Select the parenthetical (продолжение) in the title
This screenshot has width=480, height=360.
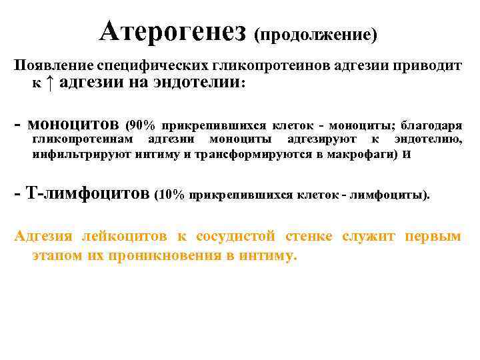pyautogui.click(x=315, y=33)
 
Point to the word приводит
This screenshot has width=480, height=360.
pyautogui.click(x=435, y=66)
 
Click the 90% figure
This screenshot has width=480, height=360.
pyautogui.click(x=142, y=125)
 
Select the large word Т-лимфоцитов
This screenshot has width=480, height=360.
pyautogui.click(x=87, y=195)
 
